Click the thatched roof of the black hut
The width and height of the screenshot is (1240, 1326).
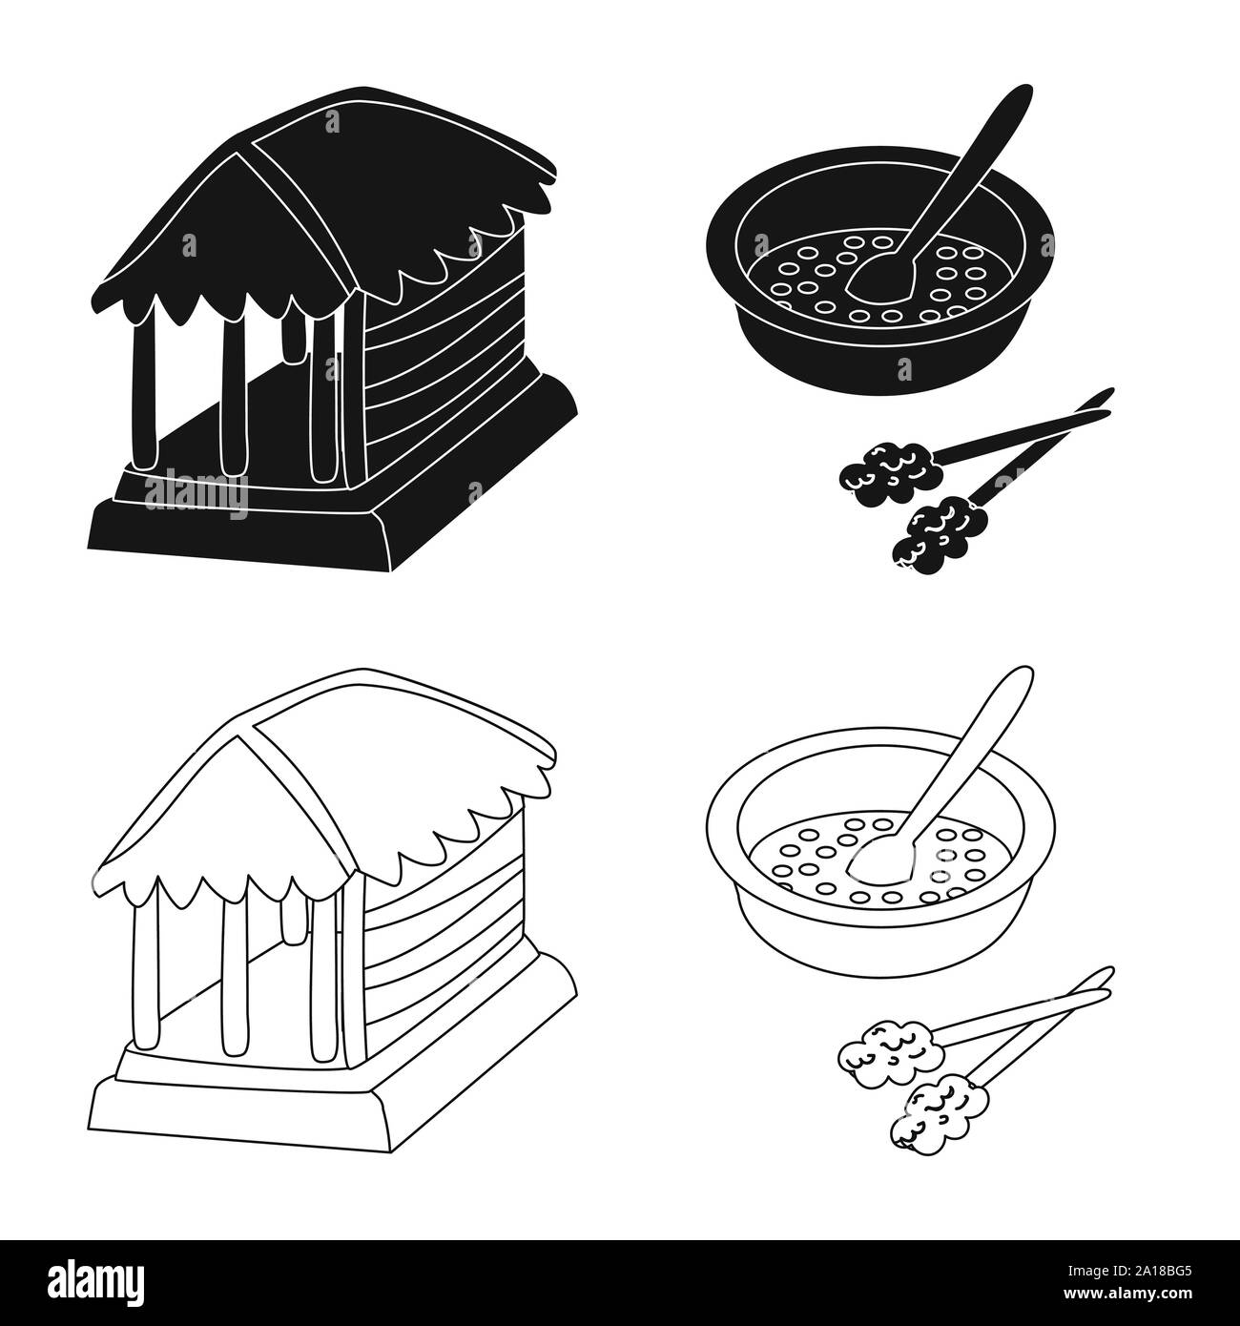315,191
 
